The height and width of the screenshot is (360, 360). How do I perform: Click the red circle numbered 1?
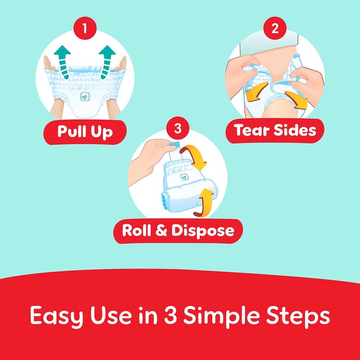pos(84,29)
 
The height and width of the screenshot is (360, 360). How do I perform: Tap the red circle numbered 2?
pos(275,29)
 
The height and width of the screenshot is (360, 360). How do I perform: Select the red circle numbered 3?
pos(178,128)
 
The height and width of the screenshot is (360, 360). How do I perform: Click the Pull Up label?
pos(85,132)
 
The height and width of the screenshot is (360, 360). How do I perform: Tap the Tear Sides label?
pos(275,130)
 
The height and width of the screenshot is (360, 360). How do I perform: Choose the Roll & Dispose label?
pos(178,231)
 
